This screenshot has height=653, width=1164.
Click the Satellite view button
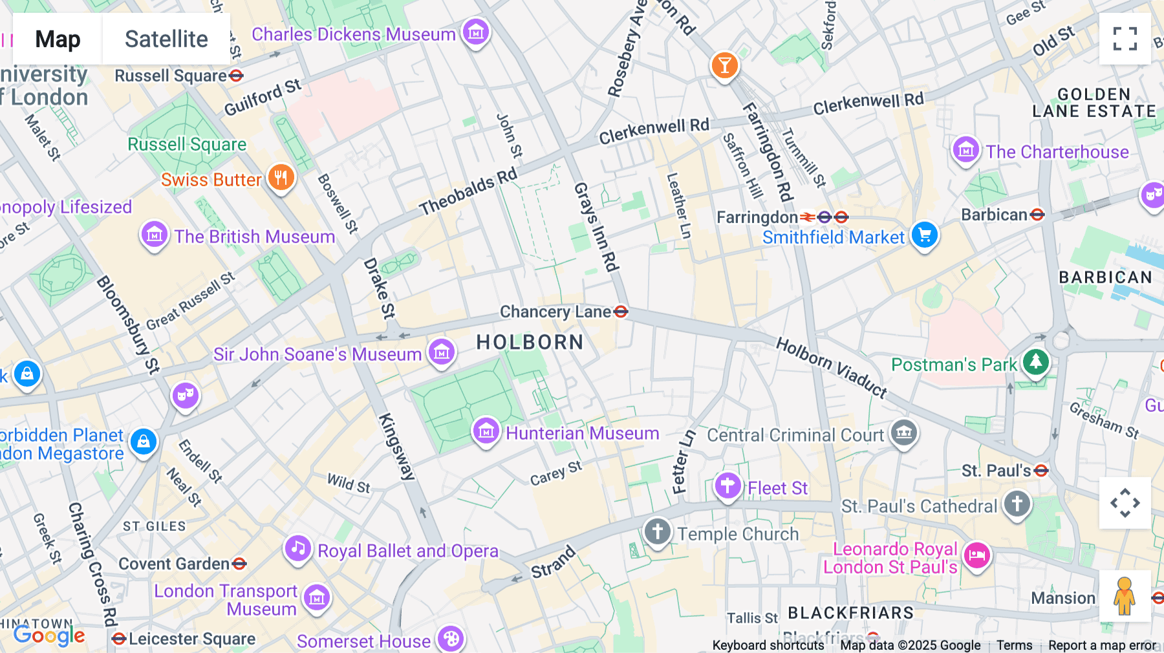(x=166, y=39)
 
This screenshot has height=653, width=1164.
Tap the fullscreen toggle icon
(x=1125, y=39)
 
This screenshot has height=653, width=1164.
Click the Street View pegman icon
(x=1125, y=595)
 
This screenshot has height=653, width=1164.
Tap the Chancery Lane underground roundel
(x=621, y=312)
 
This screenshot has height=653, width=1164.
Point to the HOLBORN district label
(x=530, y=342)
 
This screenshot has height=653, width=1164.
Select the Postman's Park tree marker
(x=1035, y=361)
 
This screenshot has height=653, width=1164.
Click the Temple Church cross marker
(x=658, y=532)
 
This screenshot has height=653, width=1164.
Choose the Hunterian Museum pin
(x=486, y=431)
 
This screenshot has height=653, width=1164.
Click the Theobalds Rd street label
(x=468, y=191)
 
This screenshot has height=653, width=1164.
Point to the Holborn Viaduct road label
(x=832, y=367)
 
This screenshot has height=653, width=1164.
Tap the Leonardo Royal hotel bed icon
(x=976, y=555)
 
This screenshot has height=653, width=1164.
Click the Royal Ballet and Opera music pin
(x=298, y=549)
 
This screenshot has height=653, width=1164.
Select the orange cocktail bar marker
(x=724, y=65)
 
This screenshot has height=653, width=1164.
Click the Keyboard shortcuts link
(x=768, y=645)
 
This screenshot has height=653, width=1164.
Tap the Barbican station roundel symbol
(x=1037, y=215)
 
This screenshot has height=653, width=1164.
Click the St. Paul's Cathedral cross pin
(x=1017, y=503)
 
